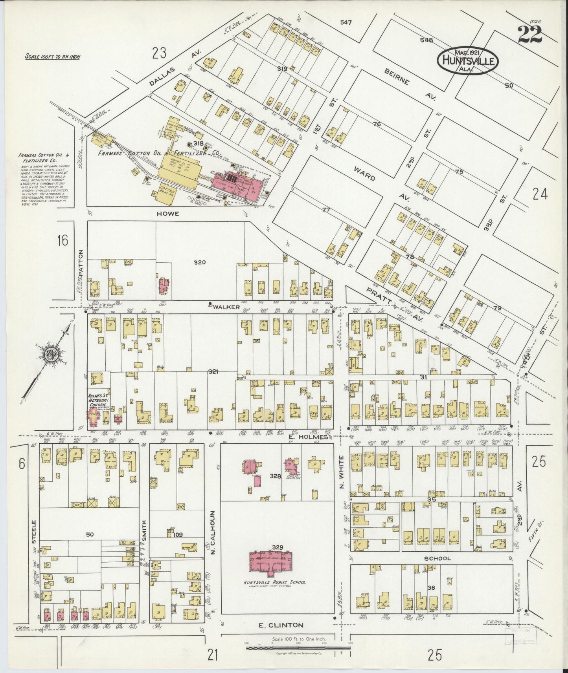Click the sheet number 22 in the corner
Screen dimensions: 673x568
pyautogui.click(x=529, y=35)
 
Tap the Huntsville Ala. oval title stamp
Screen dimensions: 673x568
pyautogui.click(x=468, y=61)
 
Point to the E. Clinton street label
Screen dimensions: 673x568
pyautogui.click(x=281, y=625)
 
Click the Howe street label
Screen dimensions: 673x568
pyautogui.click(x=168, y=214)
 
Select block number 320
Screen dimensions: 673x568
pyautogui.click(x=199, y=262)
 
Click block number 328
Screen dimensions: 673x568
pyautogui.click(x=276, y=476)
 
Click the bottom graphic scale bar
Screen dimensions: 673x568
pyautogui.click(x=298, y=648)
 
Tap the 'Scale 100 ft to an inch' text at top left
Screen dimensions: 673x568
pyautogui.click(x=52, y=57)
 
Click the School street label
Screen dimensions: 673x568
pyautogui.click(x=437, y=558)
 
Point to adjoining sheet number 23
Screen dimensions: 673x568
pyautogui.click(x=160, y=52)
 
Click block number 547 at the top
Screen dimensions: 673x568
pyautogui.click(x=346, y=22)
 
